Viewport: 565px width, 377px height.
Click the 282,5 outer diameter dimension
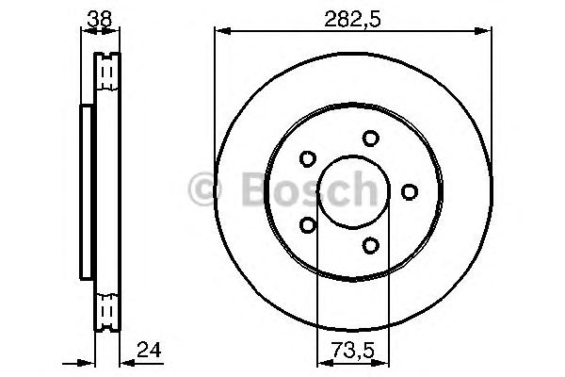point(353,15)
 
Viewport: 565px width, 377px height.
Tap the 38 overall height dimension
point(97,15)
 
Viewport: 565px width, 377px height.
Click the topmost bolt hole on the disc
point(370,138)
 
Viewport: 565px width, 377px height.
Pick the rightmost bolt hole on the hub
point(409,192)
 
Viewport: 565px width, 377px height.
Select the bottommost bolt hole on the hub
point(370,247)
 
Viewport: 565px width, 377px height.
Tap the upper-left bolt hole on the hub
point(307,159)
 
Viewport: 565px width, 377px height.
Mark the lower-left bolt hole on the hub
point(307,225)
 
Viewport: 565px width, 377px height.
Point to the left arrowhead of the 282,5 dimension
point(220,31)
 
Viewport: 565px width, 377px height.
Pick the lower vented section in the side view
point(108,309)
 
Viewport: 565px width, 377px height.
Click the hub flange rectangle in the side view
point(87,191)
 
